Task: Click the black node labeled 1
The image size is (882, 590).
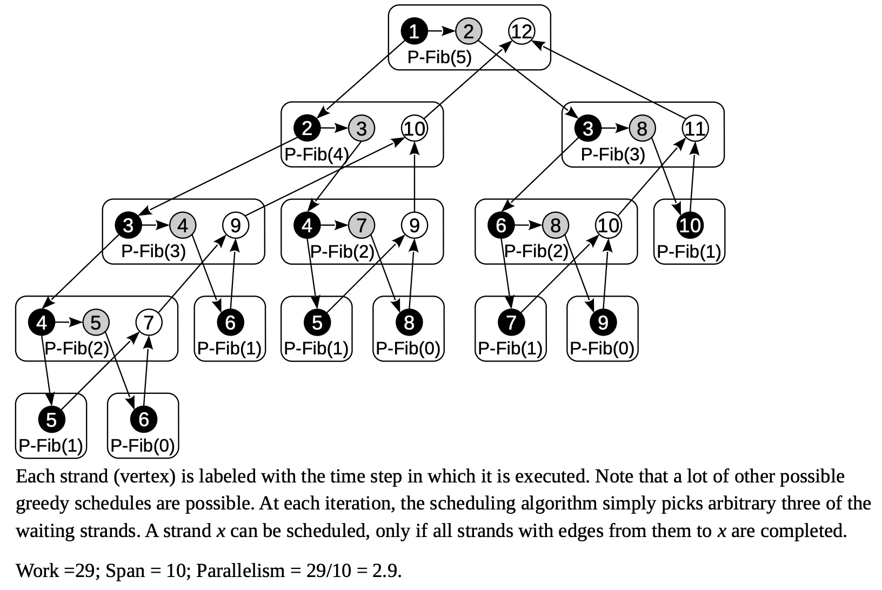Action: [414, 31]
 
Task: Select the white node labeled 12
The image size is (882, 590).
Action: [522, 31]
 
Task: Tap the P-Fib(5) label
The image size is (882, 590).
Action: [439, 57]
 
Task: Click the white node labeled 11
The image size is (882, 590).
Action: [695, 129]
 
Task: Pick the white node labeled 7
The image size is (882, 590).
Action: [149, 323]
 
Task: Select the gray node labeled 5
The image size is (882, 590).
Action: [96, 323]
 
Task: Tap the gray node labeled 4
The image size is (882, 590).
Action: [183, 225]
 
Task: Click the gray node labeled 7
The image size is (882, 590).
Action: [361, 225]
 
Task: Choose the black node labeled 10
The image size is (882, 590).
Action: [690, 225]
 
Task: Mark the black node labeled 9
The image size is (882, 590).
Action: [603, 323]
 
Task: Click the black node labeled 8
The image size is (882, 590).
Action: [409, 323]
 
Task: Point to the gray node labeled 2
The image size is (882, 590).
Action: [468, 31]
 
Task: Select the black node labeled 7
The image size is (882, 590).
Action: [511, 323]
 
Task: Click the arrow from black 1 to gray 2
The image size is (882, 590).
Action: [441, 31]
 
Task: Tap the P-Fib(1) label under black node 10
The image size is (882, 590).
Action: [689, 251]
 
